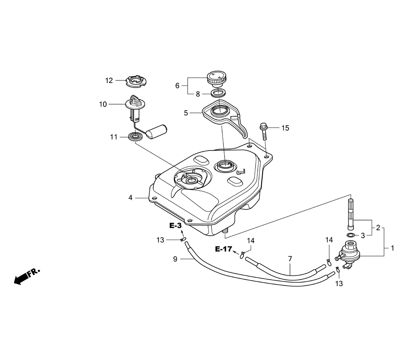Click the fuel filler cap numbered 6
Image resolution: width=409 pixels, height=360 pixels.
(216, 79)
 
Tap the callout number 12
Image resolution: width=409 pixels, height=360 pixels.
(109, 81)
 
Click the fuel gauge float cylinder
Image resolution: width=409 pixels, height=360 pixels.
(156, 131)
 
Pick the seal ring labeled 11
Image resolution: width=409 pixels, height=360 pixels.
(136, 137)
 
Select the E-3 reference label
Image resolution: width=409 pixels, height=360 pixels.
(175, 225)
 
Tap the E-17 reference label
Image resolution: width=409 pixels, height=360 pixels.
(224, 249)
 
